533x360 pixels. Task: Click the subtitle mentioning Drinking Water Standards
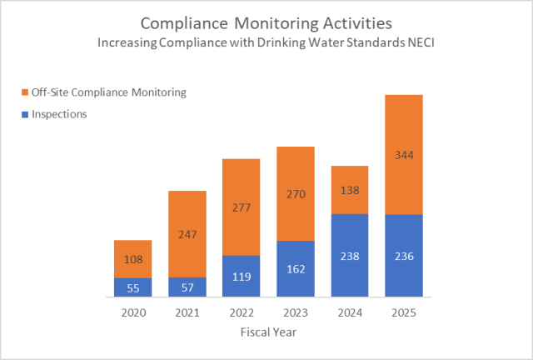click(x=266, y=42)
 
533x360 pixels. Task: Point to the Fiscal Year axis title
click(x=266, y=332)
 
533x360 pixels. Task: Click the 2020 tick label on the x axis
click(x=133, y=312)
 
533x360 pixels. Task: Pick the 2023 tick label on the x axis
click(x=296, y=312)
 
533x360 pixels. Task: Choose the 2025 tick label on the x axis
click(x=404, y=312)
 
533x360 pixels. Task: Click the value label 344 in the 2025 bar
click(x=404, y=155)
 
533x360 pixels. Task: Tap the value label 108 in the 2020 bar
click(x=133, y=259)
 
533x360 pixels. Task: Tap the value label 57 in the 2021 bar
click(x=187, y=287)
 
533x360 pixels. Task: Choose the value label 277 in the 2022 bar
click(x=242, y=207)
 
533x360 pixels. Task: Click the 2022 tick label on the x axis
click(x=242, y=312)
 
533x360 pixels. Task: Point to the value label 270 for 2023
click(x=296, y=194)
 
